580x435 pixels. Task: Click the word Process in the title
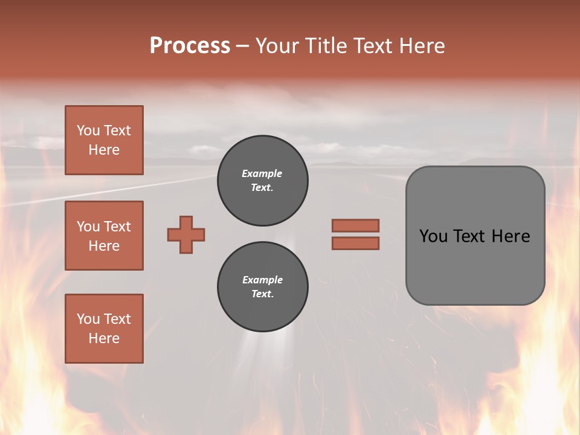click(190, 46)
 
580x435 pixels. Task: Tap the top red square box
click(104, 140)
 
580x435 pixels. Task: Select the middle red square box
click(104, 236)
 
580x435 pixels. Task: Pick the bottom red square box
click(104, 329)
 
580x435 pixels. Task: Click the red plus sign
click(186, 234)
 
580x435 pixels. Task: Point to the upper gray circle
click(262, 181)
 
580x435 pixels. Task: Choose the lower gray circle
click(262, 287)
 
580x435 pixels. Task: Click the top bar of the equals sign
click(355, 225)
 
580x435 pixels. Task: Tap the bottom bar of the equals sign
click(355, 243)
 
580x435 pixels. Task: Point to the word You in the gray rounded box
click(433, 236)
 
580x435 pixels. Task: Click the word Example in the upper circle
click(262, 173)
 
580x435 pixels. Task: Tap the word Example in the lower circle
click(262, 280)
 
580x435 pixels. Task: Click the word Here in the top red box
click(104, 150)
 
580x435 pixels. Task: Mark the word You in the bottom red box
click(88, 319)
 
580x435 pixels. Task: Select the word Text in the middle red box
click(117, 227)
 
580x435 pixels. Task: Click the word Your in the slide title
click(279, 46)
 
